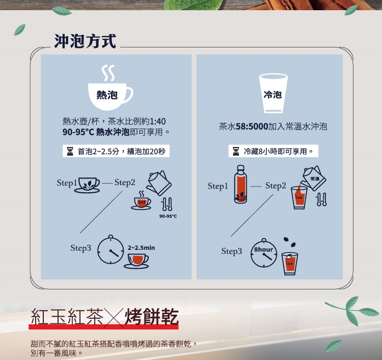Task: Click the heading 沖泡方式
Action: (x=85, y=41)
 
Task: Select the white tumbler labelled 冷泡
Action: (x=273, y=93)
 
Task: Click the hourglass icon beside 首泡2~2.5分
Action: (x=70, y=151)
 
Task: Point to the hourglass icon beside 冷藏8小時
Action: (x=236, y=151)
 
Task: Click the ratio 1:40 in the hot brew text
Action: (x=157, y=121)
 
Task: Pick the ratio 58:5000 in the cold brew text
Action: (x=252, y=126)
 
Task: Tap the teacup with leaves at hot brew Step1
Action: (x=87, y=185)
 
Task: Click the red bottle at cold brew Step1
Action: (x=240, y=184)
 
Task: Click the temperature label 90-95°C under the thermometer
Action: (x=168, y=216)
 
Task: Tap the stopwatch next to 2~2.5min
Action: (x=111, y=250)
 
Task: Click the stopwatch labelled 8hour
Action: (x=264, y=253)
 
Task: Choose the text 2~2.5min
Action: (x=141, y=248)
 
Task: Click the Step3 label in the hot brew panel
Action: (x=80, y=248)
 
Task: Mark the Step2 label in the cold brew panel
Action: (x=276, y=186)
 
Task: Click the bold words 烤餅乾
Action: (x=152, y=317)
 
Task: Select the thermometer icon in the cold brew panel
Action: (x=321, y=199)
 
